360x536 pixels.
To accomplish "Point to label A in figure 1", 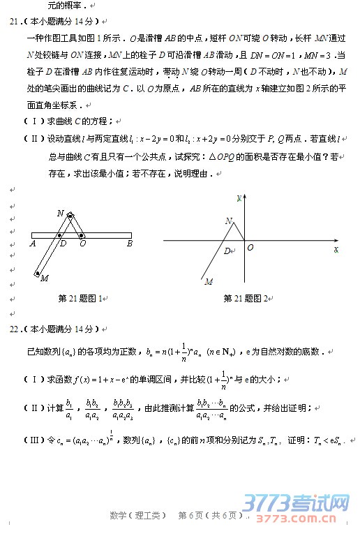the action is [x=33, y=244].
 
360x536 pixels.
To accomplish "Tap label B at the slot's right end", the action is [x=129, y=244].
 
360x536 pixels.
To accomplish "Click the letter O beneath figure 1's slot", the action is [x=82, y=244].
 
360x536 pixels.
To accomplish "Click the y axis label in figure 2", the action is [x=239, y=198].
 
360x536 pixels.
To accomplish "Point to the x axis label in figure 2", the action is [x=336, y=248].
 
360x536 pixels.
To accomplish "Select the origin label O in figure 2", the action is [x=250, y=247].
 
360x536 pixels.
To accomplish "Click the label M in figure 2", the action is [x=208, y=282].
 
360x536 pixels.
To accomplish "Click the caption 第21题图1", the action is [x=82, y=298].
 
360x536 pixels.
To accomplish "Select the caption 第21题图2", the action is [x=247, y=298].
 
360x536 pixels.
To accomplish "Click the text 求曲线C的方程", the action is [x=77, y=121].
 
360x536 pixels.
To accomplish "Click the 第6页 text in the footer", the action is [x=190, y=516].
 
